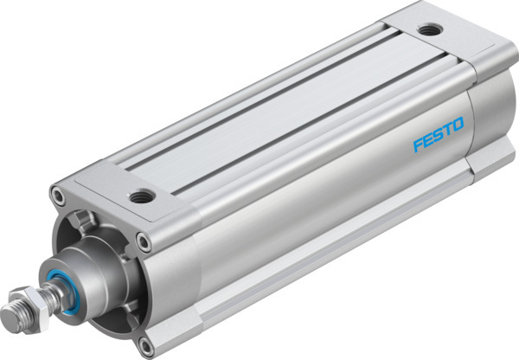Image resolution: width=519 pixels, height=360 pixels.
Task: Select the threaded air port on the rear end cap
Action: click(426, 30)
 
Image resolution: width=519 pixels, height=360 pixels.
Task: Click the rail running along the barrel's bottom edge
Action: click(329, 260)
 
